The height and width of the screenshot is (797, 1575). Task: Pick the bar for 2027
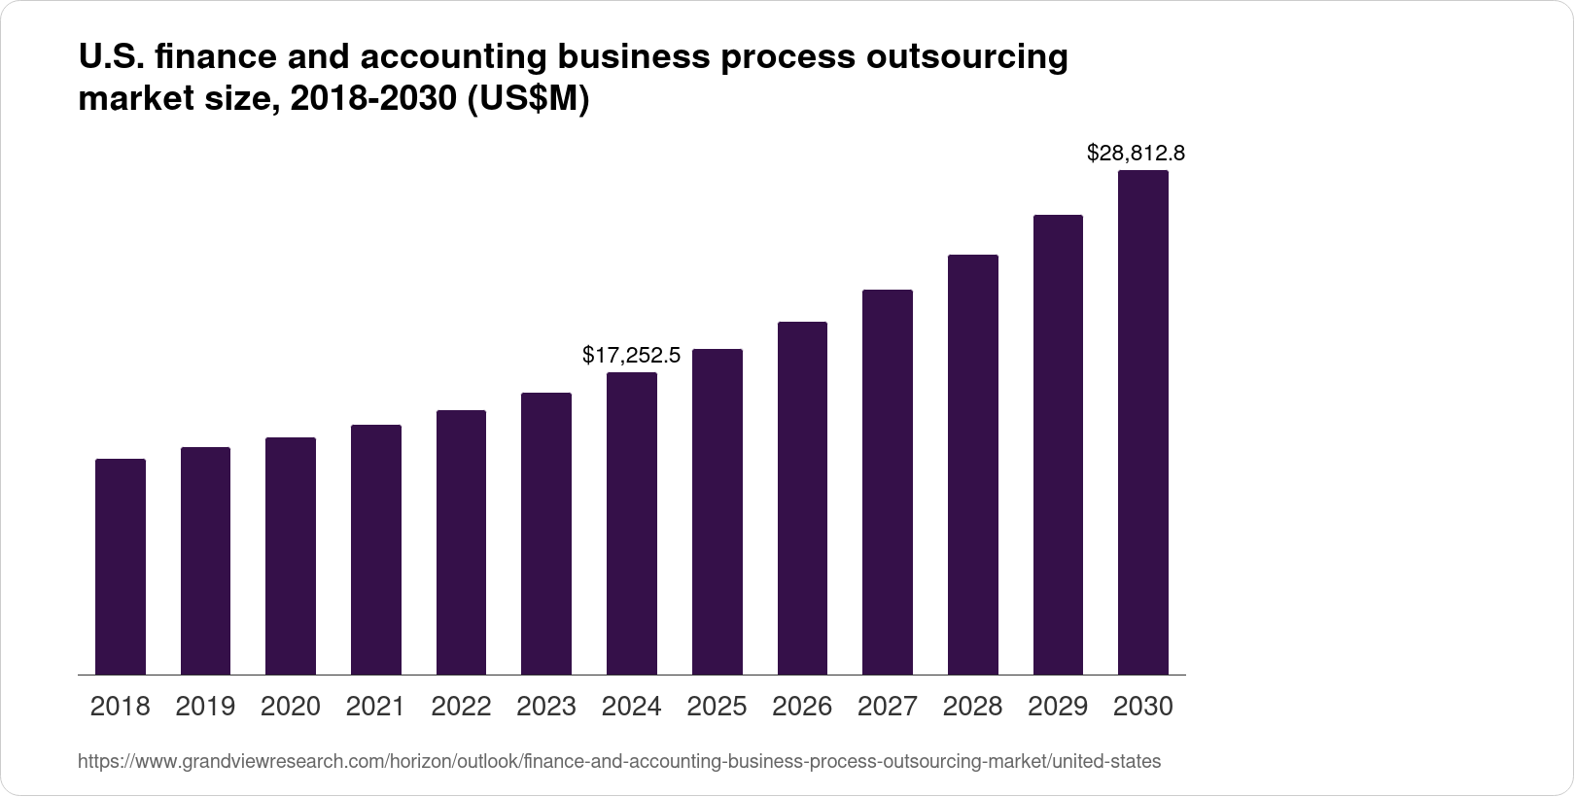pos(888,482)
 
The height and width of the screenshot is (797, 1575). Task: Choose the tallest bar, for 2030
pos(1143,423)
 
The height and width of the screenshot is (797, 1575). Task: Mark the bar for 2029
pos(1058,444)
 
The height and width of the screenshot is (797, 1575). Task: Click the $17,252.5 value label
pos(632,356)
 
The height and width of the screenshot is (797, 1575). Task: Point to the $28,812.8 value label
pos(1136,154)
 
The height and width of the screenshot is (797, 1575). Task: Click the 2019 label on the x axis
pos(205,707)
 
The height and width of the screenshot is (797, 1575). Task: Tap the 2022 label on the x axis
pos(461,707)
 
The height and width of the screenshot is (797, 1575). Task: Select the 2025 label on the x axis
pos(717,707)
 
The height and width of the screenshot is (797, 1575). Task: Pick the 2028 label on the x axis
pos(973,707)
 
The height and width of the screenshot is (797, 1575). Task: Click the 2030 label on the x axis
pos(1143,707)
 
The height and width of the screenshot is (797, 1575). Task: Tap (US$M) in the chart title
pos(529,100)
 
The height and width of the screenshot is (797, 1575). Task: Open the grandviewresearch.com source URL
pos(618,762)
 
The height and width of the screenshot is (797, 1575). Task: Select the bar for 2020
pos(291,556)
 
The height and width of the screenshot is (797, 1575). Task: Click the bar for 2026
pos(803,498)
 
